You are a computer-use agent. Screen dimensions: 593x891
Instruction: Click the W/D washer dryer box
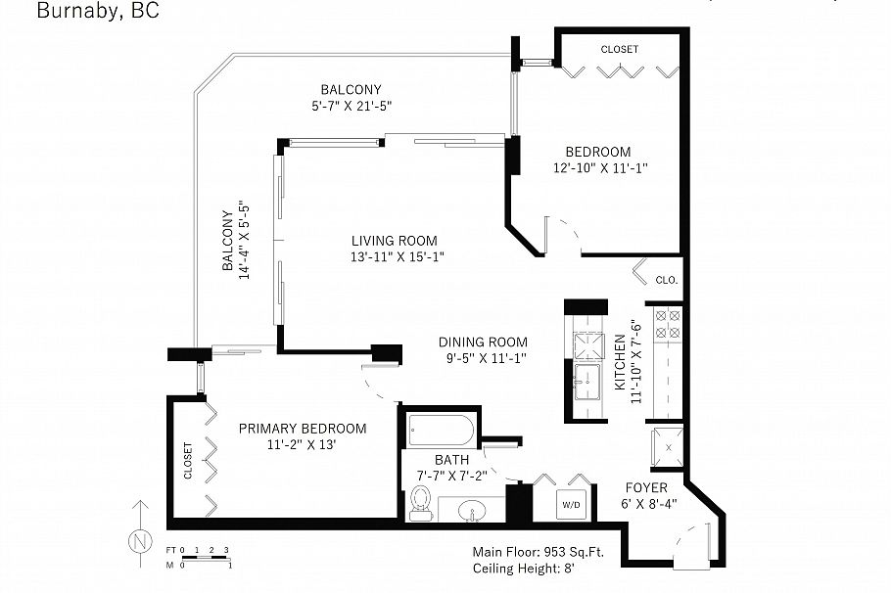coord(571,505)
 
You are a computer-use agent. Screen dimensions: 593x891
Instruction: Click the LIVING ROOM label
coord(395,241)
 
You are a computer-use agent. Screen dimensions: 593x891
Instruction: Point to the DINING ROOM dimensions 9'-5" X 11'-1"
coord(483,358)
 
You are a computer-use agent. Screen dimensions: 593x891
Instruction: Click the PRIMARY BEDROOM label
coord(303,429)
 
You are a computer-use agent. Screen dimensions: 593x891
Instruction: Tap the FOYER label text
coord(646,487)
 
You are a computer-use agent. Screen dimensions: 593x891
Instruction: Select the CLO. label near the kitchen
coord(667,280)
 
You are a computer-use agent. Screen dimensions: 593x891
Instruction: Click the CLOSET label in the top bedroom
coord(619,49)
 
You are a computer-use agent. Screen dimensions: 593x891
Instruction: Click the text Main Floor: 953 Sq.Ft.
coord(538,551)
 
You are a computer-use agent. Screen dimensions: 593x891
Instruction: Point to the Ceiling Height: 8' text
coord(524,570)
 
